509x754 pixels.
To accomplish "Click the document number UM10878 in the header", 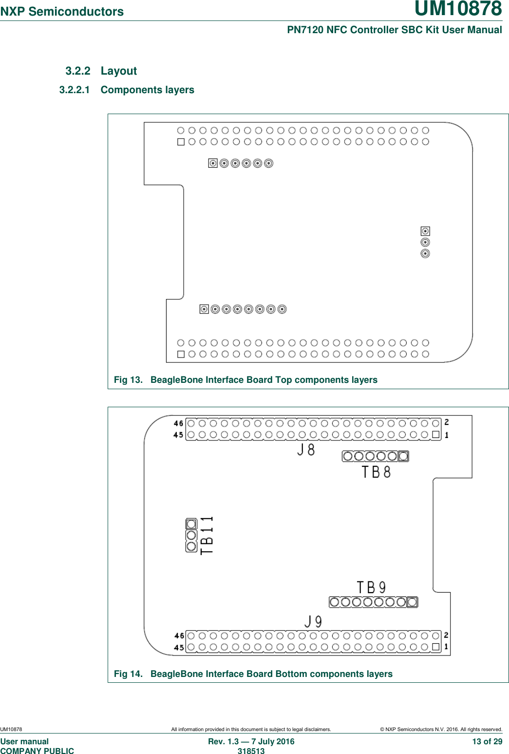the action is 458,9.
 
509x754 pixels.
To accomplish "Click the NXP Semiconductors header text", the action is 62,12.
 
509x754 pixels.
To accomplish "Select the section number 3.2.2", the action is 78,71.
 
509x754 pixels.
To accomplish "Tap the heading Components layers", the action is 147,90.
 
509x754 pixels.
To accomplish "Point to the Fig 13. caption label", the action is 128,380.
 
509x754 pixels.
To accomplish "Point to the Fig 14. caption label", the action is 128,674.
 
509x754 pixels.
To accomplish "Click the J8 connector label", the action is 306,450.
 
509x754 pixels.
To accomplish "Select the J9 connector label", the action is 313,621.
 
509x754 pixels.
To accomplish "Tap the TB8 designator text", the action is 376,472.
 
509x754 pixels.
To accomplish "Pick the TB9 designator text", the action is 371,587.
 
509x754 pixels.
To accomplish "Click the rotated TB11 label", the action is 207,535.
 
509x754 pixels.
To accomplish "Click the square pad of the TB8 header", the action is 403,456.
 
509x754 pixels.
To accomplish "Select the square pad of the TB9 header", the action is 412,602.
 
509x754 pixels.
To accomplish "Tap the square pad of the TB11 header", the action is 191,524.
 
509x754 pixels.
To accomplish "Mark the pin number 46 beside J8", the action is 179,423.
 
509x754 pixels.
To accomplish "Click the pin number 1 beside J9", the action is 446,647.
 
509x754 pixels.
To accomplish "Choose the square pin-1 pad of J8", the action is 436,435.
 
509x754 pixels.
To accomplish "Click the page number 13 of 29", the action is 487,742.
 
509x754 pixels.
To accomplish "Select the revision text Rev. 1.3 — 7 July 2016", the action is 251,742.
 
